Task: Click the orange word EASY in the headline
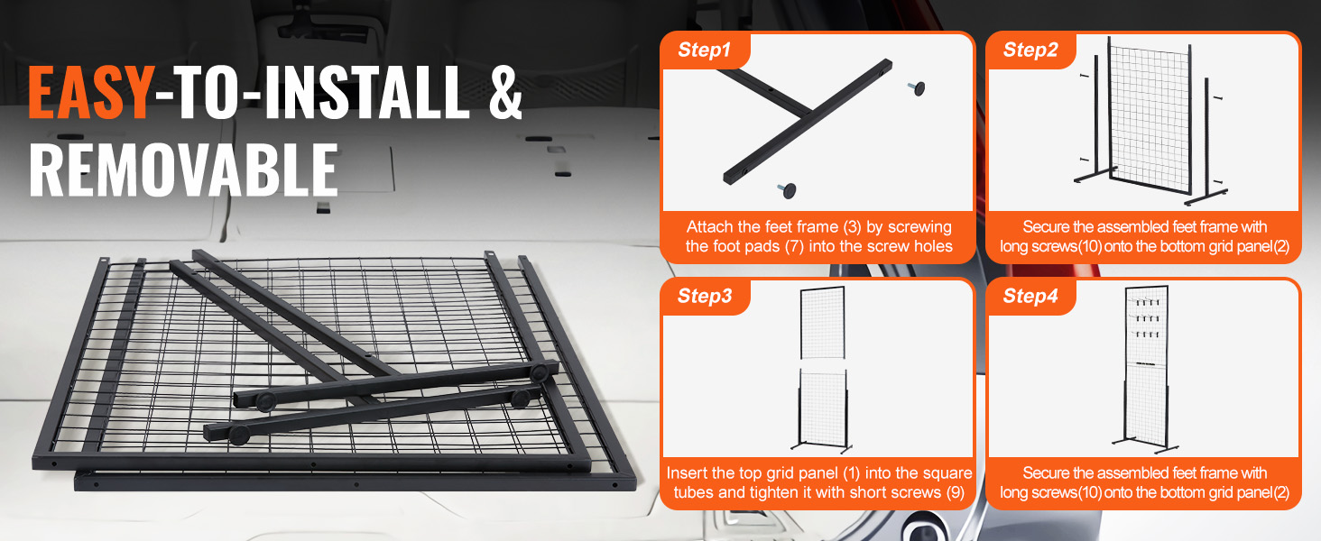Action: point(89,93)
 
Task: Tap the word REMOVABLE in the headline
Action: point(183,170)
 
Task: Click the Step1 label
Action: point(704,50)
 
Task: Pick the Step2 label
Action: point(1030,50)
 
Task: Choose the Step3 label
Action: point(704,297)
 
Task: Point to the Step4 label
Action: point(1030,297)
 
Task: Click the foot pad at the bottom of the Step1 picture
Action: point(790,189)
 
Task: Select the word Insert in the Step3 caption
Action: point(688,473)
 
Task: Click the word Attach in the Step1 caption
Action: point(708,227)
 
